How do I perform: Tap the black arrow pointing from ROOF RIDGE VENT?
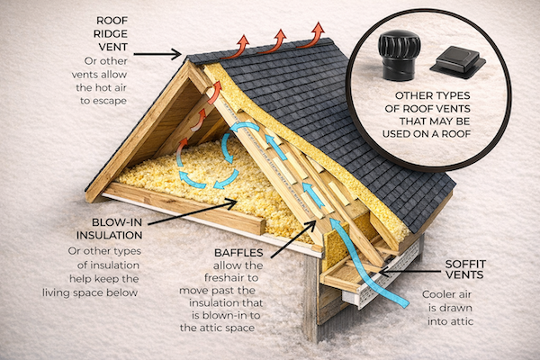[x=163, y=54]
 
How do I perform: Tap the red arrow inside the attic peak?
[x=215, y=95]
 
